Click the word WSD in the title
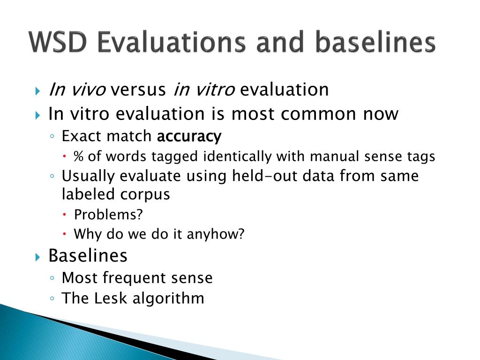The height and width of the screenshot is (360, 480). (x=58, y=42)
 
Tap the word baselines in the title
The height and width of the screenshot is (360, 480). (x=375, y=42)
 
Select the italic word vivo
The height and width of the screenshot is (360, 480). (x=89, y=90)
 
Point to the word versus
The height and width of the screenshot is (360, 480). (x=138, y=90)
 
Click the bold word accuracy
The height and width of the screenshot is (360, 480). (x=189, y=137)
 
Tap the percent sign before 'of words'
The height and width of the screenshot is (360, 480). (x=78, y=156)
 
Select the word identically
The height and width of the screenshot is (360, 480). (x=237, y=157)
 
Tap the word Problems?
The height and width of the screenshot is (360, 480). (x=108, y=214)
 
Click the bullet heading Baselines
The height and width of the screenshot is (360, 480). (x=88, y=255)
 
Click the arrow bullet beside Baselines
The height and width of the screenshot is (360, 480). (x=37, y=257)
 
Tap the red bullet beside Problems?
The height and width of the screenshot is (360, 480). (x=65, y=214)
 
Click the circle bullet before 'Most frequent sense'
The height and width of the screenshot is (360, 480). (x=52, y=278)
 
